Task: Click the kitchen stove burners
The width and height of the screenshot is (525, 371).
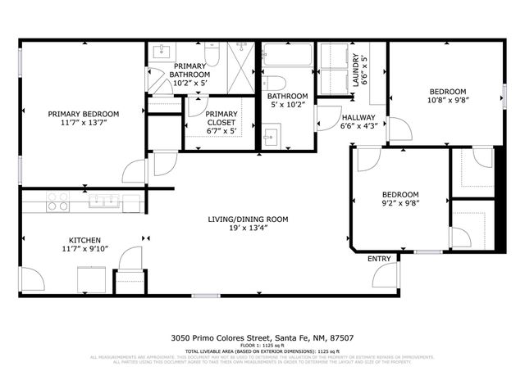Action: click(57, 201)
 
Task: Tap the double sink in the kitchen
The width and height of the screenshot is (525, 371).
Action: click(104, 200)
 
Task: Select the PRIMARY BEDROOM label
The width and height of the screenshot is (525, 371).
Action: click(83, 114)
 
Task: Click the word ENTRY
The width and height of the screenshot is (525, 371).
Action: click(379, 259)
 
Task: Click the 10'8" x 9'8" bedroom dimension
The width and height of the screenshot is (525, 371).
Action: click(447, 101)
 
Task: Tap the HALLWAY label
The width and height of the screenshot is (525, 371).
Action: click(358, 117)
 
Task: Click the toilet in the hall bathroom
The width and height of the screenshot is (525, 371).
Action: click(276, 83)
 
